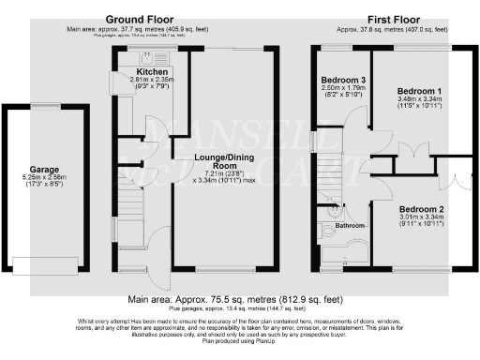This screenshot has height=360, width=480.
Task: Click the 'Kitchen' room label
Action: [151, 71]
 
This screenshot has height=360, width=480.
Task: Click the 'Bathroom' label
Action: [350, 225]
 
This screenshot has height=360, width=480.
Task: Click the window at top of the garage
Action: [43, 106]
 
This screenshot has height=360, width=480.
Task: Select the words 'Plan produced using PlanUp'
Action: [240, 343]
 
